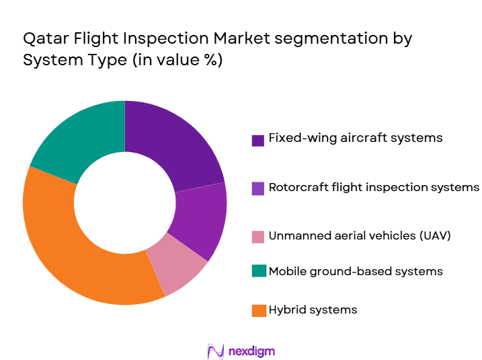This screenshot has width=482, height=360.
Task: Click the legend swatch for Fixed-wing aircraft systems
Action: click(257, 140)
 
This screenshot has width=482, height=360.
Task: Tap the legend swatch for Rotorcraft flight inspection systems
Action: click(257, 189)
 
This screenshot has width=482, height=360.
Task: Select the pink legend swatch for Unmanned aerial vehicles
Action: click(257, 238)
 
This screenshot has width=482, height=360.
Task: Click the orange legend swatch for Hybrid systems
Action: click(257, 311)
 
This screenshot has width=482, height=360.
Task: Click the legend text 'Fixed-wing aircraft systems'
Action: click(356, 137)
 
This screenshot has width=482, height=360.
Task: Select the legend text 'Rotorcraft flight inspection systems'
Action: click(374, 186)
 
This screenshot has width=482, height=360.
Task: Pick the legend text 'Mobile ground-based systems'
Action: click(356, 271)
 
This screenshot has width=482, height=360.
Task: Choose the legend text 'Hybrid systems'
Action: click(313, 310)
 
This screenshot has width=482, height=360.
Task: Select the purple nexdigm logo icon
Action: click(216, 351)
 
